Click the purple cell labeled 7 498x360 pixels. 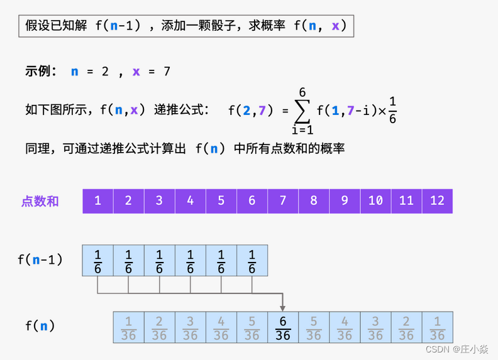(x=283, y=201)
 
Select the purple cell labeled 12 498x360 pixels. (x=438, y=201)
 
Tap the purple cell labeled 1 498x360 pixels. (x=97, y=201)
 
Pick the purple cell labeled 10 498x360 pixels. (x=376, y=201)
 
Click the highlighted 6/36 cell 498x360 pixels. (x=283, y=327)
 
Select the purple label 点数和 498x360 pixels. (x=40, y=201)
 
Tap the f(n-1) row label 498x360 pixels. (x=40, y=259)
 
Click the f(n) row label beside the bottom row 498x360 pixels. (x=40, y=326)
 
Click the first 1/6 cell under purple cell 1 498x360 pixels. (x=97, y=260)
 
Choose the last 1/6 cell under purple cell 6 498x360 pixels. (x=252, y=260)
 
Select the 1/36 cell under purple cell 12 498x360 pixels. (x=438, y=327)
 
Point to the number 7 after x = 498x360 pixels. (x=167, y=72)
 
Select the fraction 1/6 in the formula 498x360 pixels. (x=392, y=110)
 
